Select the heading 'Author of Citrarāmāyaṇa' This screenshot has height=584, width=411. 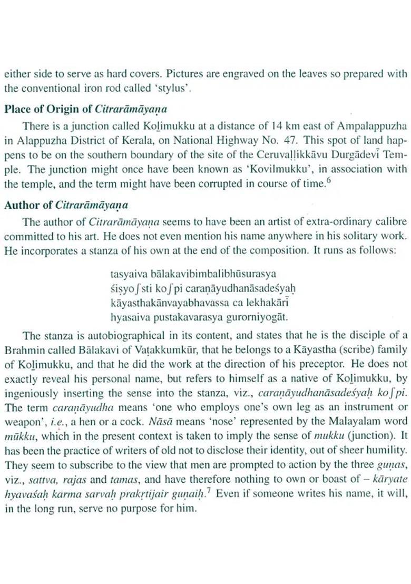(x=66, y=205)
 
